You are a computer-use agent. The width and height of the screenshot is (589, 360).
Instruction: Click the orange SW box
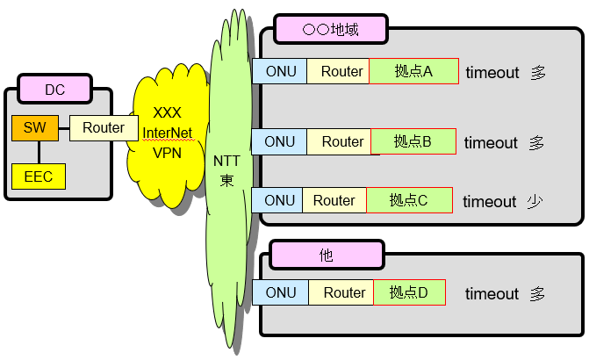[34, 128]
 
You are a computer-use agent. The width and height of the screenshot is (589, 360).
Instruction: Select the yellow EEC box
[38, 176]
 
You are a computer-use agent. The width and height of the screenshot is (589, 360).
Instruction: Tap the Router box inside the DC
[103, 128]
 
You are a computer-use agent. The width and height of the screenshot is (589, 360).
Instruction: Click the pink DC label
[54, 89]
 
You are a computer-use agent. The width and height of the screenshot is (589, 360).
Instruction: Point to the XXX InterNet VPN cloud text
[167, 132]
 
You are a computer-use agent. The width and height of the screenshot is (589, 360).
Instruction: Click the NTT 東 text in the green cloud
[226, 169]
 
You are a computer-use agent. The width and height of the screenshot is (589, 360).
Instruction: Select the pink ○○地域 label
[329, 29]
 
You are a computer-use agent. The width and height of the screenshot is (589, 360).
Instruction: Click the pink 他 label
[326, 256]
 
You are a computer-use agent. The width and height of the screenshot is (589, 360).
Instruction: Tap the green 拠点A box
[414, 71]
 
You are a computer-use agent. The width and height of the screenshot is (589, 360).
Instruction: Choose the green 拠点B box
[413, 141]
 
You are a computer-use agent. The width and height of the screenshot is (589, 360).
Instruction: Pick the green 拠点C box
[408, 200]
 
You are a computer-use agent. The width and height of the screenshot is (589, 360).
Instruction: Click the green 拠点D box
[408, 292]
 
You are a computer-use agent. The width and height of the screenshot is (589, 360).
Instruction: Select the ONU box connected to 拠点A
[279, 71]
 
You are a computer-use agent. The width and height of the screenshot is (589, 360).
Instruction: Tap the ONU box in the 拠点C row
[277, 200]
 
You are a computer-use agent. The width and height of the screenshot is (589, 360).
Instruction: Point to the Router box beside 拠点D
[341, 292]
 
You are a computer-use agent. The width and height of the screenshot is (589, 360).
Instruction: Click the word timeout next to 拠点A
[492, 72]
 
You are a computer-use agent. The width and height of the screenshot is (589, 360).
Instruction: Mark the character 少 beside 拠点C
[535, 201]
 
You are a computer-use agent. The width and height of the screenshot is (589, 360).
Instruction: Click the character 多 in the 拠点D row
[537, 293]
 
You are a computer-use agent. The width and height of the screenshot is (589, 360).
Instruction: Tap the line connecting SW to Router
[63, 128]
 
